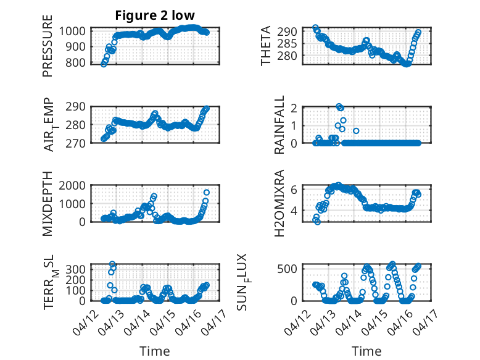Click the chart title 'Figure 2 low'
(x=155, y=16)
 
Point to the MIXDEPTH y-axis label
(x=48, y=204)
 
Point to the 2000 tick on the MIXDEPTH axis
(x=75, y=186)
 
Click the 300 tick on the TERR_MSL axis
(x=78, y=270)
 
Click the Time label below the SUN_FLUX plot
(x=366, y=351)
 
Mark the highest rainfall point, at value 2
(x=339, y=106)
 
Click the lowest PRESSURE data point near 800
(x=103, y=64)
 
